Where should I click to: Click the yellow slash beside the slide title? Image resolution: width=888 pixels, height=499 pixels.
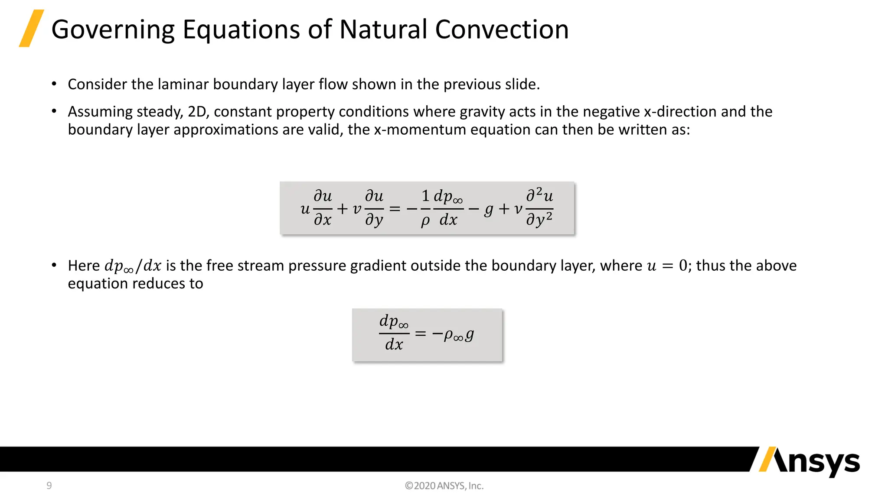(31, 29)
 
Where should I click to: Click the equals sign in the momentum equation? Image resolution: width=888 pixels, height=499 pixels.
(395, 209)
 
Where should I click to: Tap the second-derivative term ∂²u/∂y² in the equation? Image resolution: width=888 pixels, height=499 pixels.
(539, 208)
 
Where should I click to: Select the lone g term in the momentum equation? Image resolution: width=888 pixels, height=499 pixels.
(489, 209)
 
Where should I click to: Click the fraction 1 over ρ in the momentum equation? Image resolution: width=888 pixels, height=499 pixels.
(425, 208)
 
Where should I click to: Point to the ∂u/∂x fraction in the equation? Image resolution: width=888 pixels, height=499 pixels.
(323, 208)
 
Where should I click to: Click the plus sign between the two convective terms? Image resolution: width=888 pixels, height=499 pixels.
(343, 209)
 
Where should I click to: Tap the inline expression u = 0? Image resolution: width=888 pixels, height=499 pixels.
(667, 266)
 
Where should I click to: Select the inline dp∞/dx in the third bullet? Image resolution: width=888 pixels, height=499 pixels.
(133, 266)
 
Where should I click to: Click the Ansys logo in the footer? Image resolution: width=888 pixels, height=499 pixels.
(809, 462)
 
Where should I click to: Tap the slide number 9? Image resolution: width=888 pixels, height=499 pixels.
(49, 486)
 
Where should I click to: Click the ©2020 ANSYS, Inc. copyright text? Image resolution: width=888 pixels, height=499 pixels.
(444, 486)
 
